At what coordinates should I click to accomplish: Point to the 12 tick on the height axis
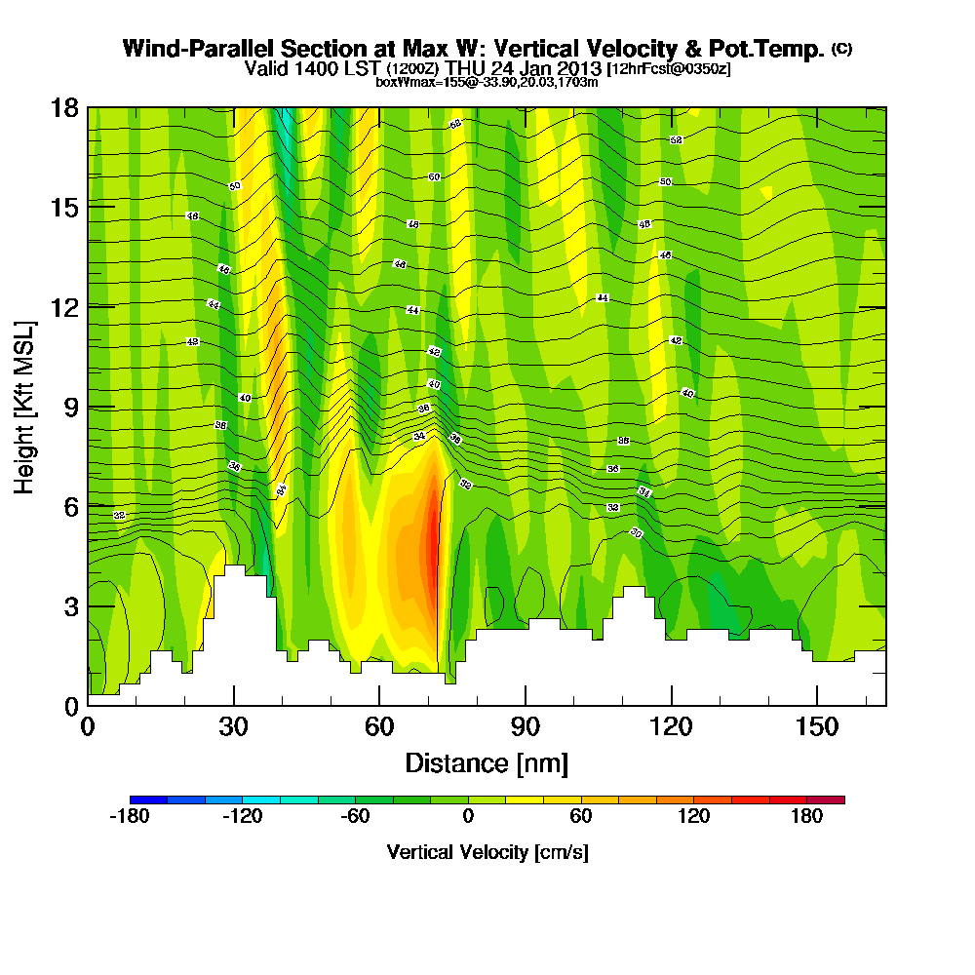click(64, 306)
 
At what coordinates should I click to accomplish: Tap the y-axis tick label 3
click(70, 605)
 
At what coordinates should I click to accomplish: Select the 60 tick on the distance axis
click(379, 727)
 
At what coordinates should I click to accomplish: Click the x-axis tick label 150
click(817, 727)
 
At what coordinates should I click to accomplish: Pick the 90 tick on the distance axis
click(526, 727)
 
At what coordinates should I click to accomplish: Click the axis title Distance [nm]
click(487, 761)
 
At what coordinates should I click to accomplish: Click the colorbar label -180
click(129, 817)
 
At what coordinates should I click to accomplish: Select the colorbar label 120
click(694, 817)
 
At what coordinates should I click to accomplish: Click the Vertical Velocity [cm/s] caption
click(487, 852)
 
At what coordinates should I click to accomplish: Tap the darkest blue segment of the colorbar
click(148, 799)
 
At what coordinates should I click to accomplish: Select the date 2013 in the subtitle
click(579, 68)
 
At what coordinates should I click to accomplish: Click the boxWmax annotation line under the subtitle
click(487, 82)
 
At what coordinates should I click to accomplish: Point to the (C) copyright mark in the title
click(841, 48)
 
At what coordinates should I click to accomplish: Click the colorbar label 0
click(468, 817)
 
